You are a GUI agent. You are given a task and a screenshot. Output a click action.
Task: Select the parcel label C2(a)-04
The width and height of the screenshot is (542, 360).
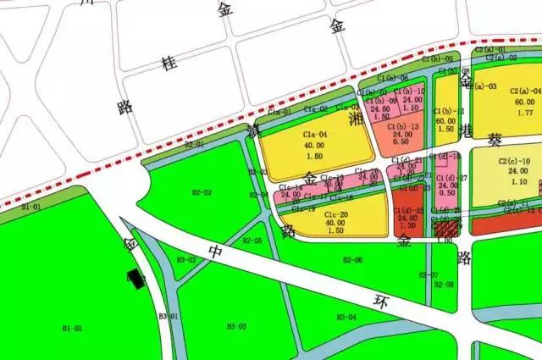tap(525, 91)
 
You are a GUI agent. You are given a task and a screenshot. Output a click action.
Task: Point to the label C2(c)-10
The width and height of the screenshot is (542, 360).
tap(514, 161)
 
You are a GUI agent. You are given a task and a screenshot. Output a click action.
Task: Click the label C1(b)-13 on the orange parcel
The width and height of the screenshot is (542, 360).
tap(402, 126)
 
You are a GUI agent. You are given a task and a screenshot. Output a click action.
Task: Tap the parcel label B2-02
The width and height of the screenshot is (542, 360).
tap(201, 192)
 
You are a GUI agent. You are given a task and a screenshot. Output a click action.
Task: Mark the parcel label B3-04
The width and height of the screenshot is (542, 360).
tap(346, 317)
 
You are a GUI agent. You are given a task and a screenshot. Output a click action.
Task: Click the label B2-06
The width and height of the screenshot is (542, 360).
tap(352, 260)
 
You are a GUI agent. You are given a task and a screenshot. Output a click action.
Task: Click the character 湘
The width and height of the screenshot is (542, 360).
tap(357, 122)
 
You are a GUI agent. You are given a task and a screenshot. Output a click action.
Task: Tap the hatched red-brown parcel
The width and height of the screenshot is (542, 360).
tap(446, 227)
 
